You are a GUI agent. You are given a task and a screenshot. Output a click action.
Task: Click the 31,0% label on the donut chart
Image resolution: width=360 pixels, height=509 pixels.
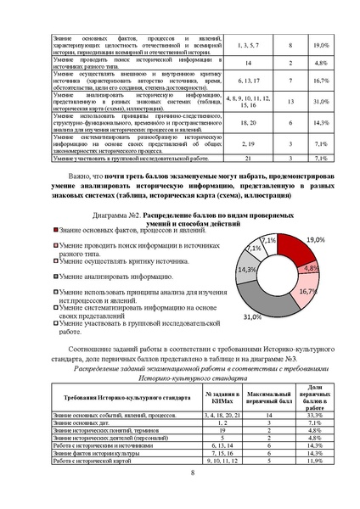pyautogui.click(x=251, y=316)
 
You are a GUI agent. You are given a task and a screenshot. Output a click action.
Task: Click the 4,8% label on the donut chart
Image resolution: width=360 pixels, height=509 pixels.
pyautogui.click(x=311, y=268)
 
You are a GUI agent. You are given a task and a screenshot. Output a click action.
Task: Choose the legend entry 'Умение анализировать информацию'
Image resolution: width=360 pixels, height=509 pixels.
pyautogui.click(x=110, y=276)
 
